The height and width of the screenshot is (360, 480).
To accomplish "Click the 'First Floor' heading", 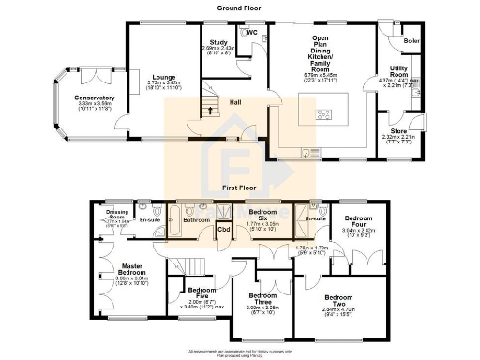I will [239, 187].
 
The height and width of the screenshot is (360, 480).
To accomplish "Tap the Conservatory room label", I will [94, 97].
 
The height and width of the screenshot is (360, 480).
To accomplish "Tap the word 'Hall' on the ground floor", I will [239, 104].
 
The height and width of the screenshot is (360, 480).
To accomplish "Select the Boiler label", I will [411, 40].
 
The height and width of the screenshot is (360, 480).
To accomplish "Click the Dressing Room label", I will [117, 215].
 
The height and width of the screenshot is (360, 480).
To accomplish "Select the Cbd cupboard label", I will [224, 229].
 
